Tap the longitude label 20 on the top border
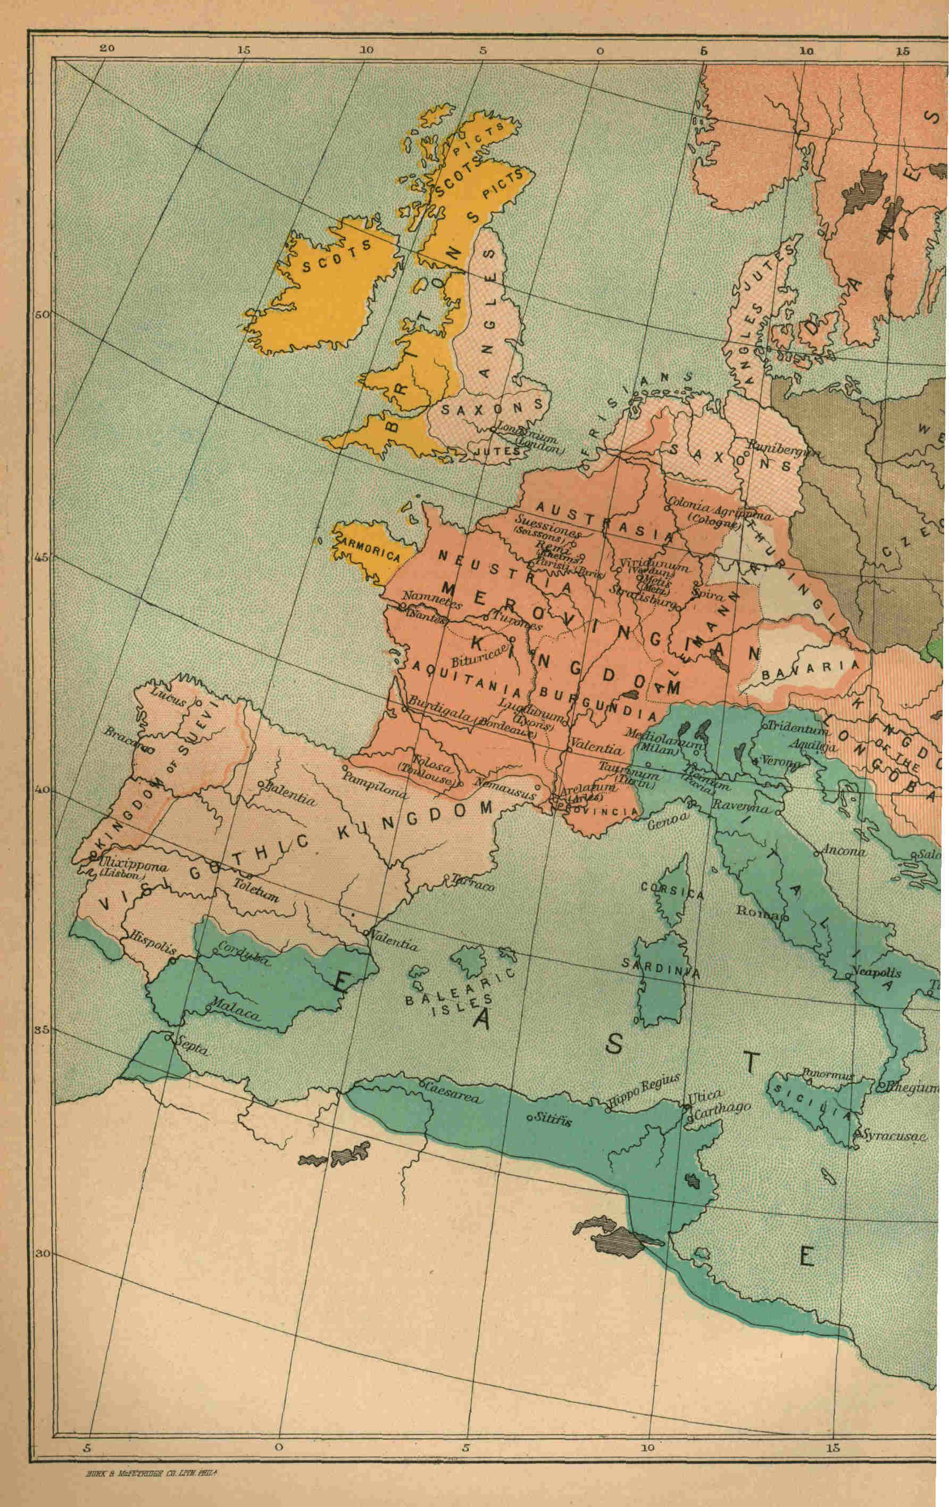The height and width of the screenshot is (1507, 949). click(x=107, y=49)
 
